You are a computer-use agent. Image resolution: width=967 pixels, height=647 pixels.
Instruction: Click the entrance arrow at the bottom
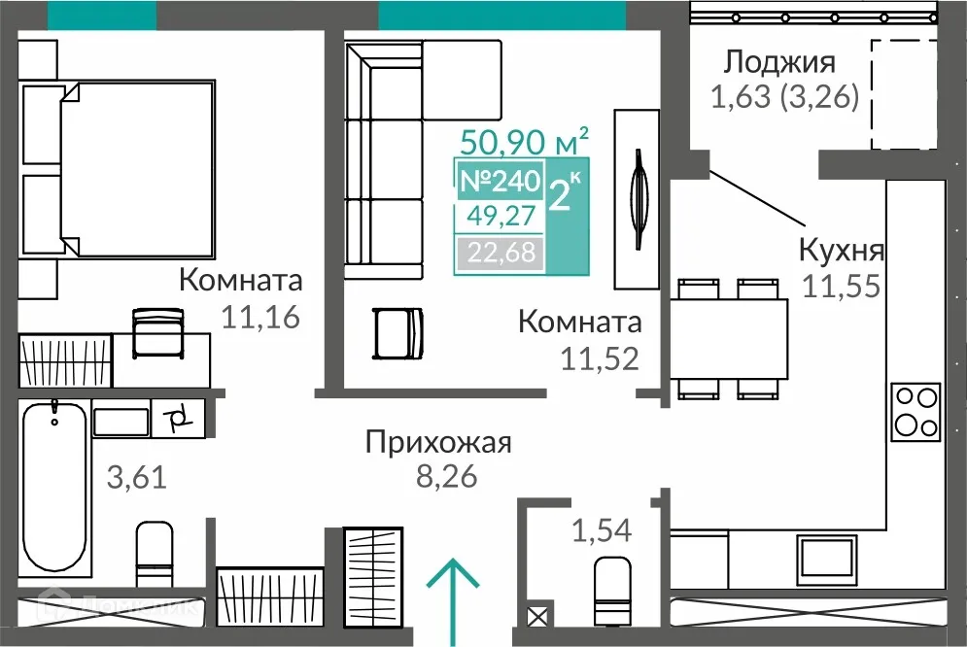453,596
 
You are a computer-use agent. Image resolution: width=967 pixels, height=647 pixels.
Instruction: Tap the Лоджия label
779,63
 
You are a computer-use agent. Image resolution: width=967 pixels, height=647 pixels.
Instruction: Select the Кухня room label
841,250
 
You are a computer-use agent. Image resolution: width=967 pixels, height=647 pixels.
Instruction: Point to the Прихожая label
438,444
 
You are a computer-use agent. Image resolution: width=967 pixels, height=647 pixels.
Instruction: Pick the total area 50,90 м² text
525,143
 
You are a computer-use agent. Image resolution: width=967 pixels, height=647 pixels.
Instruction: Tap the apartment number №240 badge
499,182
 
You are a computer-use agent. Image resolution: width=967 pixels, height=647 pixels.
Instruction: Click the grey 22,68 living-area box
499,255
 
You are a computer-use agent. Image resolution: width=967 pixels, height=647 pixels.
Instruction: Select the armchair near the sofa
397,333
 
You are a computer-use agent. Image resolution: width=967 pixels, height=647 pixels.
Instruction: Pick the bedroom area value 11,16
259,317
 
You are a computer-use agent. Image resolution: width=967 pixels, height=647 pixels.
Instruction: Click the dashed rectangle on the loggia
903,94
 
